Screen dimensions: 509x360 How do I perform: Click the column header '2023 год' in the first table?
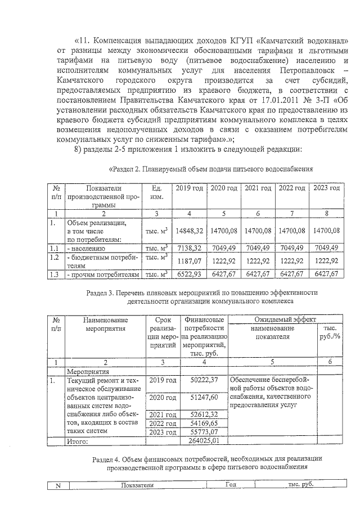coord(326,187)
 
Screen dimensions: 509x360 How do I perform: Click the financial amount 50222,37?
coord(205,381)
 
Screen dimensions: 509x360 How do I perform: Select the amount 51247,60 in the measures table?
coord(205,398)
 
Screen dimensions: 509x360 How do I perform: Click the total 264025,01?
coord(205,440)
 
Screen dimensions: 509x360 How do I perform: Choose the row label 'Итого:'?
coord(79,441)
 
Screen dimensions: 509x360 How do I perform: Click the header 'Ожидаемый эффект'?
coord(286,319)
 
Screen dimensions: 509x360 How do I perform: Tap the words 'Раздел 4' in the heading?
coord(108,460)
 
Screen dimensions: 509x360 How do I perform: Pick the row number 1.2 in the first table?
coord(55,257)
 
